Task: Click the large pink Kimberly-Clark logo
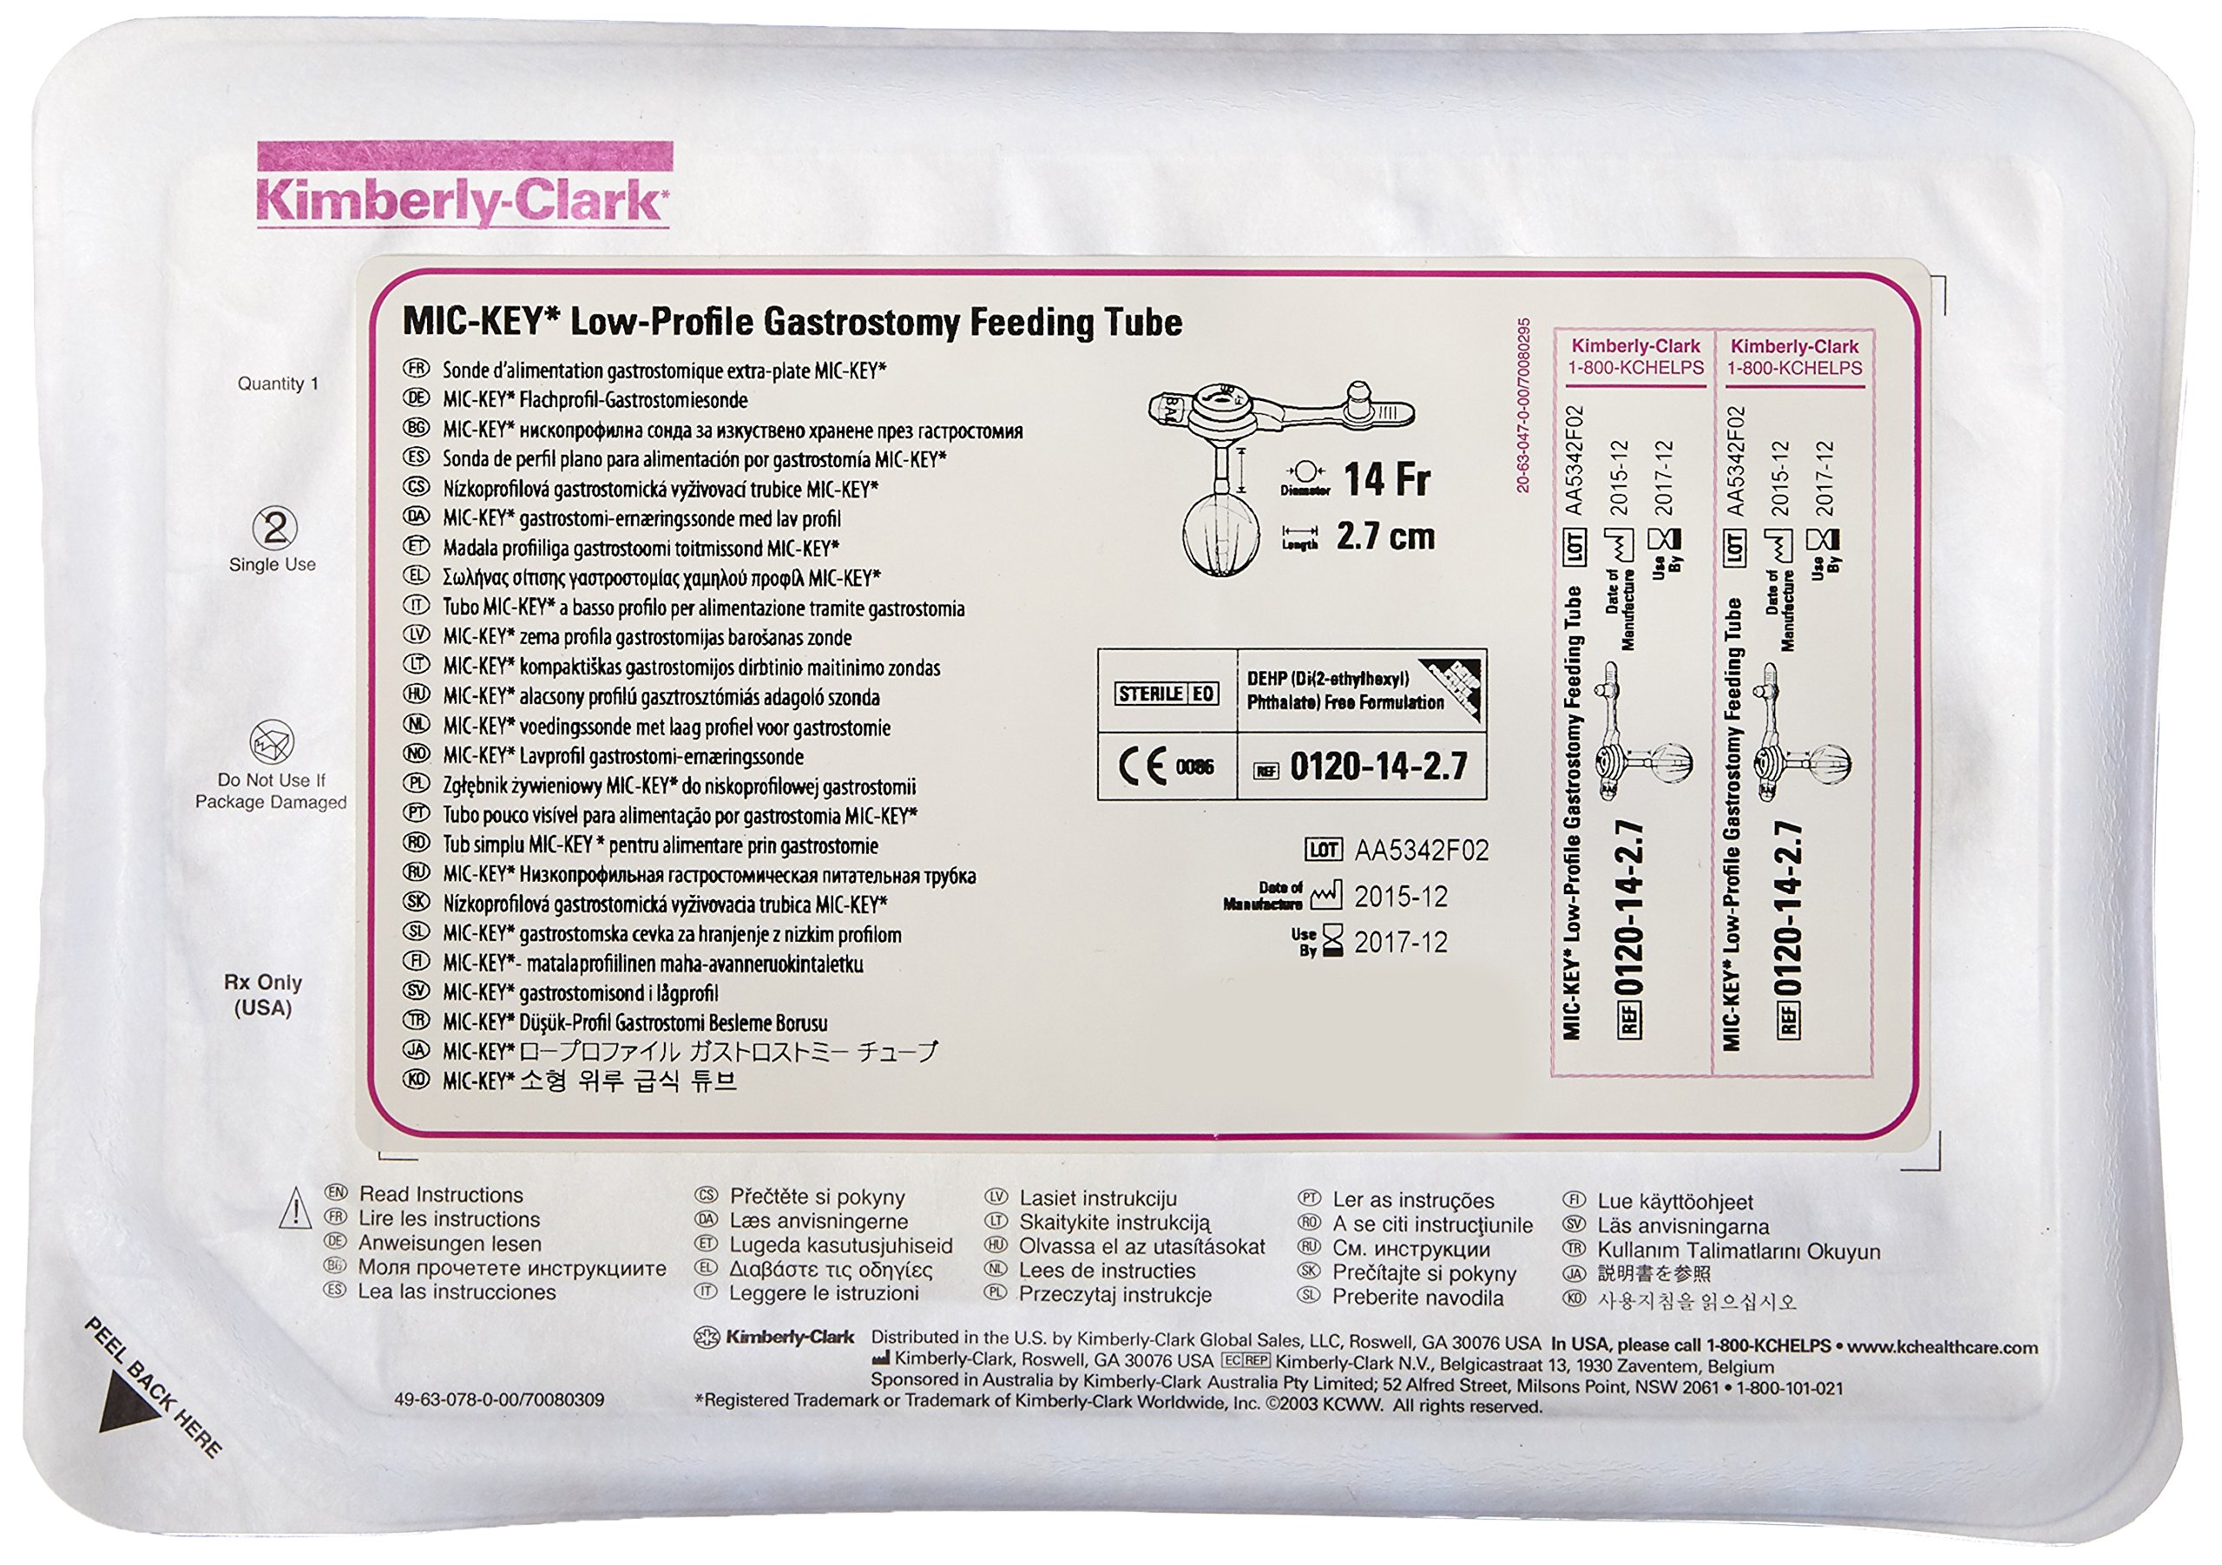click(462, 201)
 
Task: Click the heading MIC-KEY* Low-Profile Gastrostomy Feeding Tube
click(792, 322)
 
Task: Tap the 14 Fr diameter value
click(1386, 479)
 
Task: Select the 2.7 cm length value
click(1385, 537)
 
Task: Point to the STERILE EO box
click(1167, 693)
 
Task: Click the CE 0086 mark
click(1167, 767)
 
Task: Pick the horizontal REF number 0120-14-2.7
click(1378, 767)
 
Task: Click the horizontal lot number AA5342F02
click(1421, 851)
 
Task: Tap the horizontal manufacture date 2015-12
click(1400, 898)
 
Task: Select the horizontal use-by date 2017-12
click(1400, 942)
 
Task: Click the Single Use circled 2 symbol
click(274, 529)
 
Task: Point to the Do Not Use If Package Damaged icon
click(271, 742)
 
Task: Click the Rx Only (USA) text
click(263, 995)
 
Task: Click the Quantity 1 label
click(278, 385)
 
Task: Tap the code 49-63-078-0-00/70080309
click(498, 1399)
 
